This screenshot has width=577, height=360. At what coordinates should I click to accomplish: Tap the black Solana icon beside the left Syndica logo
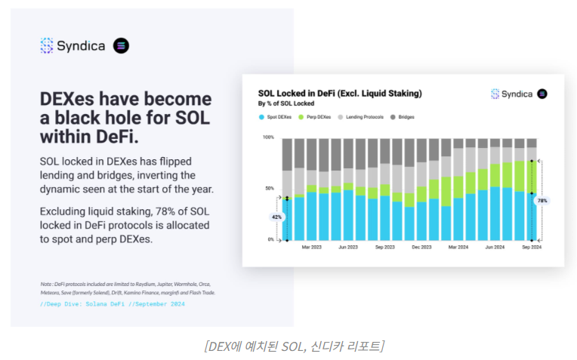121,45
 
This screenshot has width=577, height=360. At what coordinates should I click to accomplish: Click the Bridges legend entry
404,117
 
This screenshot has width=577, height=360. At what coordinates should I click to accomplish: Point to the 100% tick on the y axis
268,137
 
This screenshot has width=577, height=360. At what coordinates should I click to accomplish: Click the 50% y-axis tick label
269,188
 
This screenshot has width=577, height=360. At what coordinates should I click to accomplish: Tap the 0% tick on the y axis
270,239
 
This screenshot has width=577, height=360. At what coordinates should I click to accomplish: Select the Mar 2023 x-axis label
311,247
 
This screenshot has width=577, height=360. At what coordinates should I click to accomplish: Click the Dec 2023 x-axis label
421,247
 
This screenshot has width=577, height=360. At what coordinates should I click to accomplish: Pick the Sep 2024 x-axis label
531,247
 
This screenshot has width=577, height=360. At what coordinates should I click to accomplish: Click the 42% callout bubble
276,217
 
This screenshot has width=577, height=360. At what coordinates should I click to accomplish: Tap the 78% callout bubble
542,201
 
